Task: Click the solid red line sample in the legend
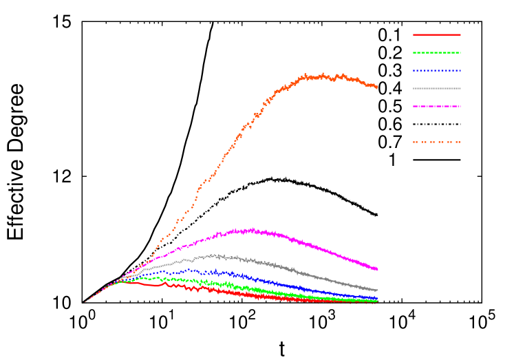point(437,34)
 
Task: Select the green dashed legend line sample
point(437,52)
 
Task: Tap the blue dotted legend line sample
point(437,70)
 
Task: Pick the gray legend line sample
point(437,88)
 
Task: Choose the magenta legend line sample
point(437,106)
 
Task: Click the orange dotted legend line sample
point(437,142)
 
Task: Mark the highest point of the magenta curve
point(252,229)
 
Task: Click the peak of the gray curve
point(216,255)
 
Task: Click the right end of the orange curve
point(377,87)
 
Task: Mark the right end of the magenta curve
point(377,269)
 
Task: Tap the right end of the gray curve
point(377,290)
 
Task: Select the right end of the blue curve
point(377,298)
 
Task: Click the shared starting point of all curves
point(85,301)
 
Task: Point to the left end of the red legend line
point(414,34)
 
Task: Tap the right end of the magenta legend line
point(460,106)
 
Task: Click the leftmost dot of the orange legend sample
point(414,142)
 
